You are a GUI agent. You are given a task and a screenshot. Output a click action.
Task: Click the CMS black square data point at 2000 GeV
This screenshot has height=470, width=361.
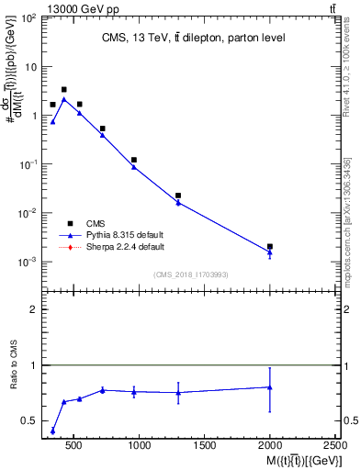(x=270, y=247)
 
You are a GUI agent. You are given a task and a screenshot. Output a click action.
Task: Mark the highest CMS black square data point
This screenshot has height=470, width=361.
(x=63, y=90)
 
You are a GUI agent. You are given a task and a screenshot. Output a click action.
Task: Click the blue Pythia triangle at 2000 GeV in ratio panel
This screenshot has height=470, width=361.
(x=270, y=386)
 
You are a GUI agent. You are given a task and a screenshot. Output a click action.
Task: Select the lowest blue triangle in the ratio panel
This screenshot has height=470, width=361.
(x=52, y=431)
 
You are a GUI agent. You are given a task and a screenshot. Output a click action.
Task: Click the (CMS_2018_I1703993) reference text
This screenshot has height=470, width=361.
(x=191, y=274)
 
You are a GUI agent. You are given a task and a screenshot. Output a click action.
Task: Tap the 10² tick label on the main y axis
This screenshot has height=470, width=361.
(x=28, y=18)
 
